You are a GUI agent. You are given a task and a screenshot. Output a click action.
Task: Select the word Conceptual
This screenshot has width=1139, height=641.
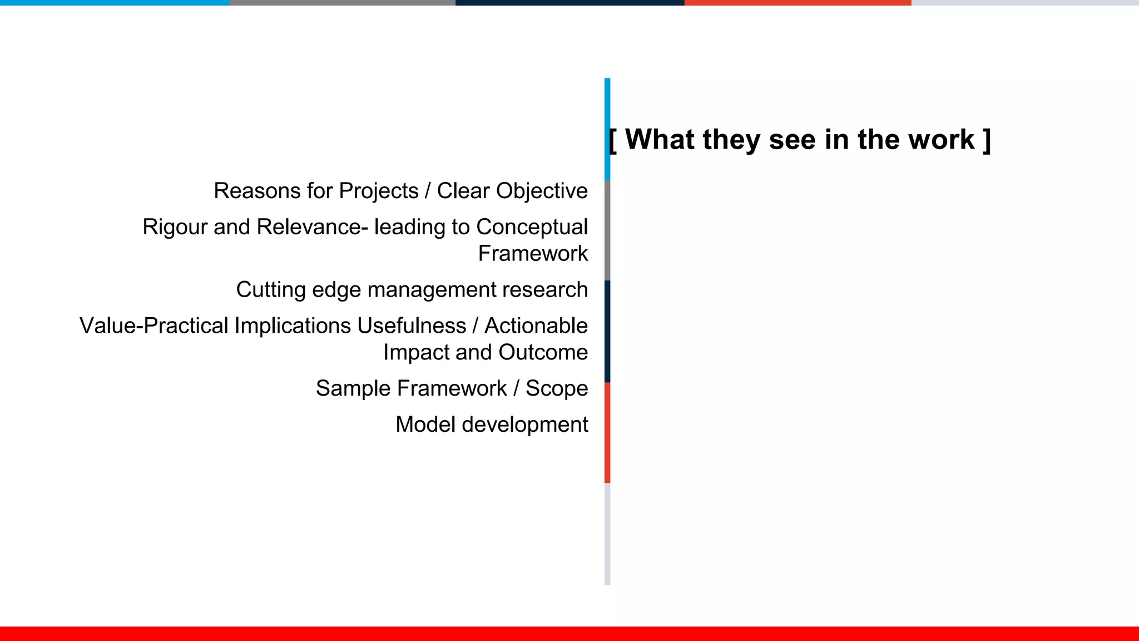532,227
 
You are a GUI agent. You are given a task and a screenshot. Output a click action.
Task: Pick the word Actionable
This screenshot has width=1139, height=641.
536,326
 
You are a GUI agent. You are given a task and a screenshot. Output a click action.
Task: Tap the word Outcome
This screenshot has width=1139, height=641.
543,353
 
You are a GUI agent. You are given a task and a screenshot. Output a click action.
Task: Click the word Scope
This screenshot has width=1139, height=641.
557,389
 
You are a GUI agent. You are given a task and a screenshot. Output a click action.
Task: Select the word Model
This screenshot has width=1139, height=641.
425,425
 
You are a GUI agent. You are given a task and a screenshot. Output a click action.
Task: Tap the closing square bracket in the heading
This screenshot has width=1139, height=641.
987,140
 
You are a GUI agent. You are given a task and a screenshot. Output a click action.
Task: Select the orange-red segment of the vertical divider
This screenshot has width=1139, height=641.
607,432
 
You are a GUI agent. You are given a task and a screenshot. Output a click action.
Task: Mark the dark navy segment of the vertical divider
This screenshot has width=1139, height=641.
607,331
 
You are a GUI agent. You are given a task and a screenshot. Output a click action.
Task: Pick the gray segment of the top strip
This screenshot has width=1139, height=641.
342,3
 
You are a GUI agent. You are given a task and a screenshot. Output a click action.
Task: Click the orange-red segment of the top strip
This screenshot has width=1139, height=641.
798,3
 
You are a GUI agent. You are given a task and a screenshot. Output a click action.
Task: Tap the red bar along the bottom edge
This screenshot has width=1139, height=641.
569,634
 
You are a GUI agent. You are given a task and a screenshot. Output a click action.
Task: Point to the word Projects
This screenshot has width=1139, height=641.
378,191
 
